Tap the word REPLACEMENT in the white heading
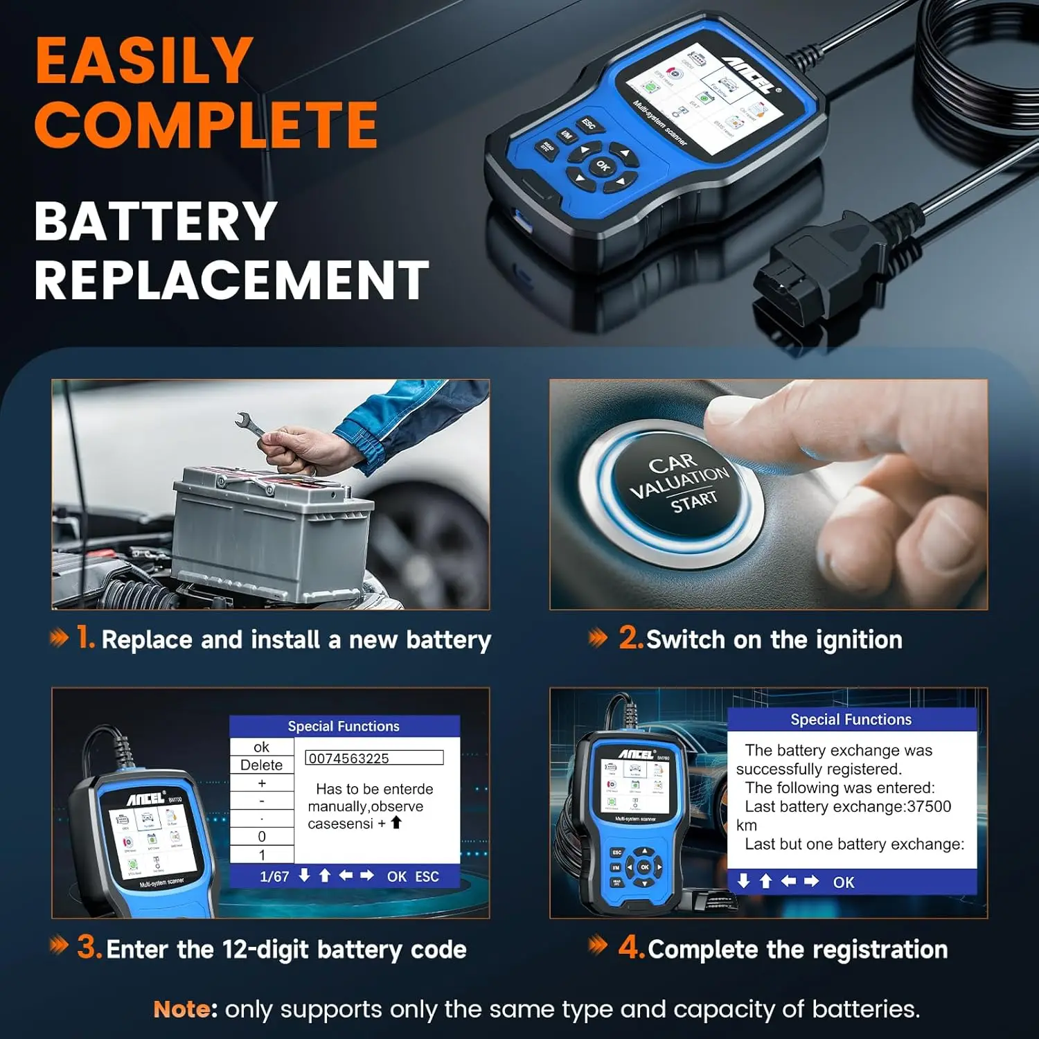point(231,281)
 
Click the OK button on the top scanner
point(603,166)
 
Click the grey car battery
point(270,533)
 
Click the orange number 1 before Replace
point(85,637)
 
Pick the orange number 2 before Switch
point(630,637)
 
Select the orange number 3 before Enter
point(89,947)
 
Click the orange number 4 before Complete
point(631,947)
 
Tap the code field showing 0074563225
point(374,758)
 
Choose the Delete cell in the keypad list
point(261,765)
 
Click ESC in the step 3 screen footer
point(427,877)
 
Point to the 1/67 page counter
point(274,877)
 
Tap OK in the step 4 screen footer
point(843,882)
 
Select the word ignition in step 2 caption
point(859,640)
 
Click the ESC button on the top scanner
point(589,125)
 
